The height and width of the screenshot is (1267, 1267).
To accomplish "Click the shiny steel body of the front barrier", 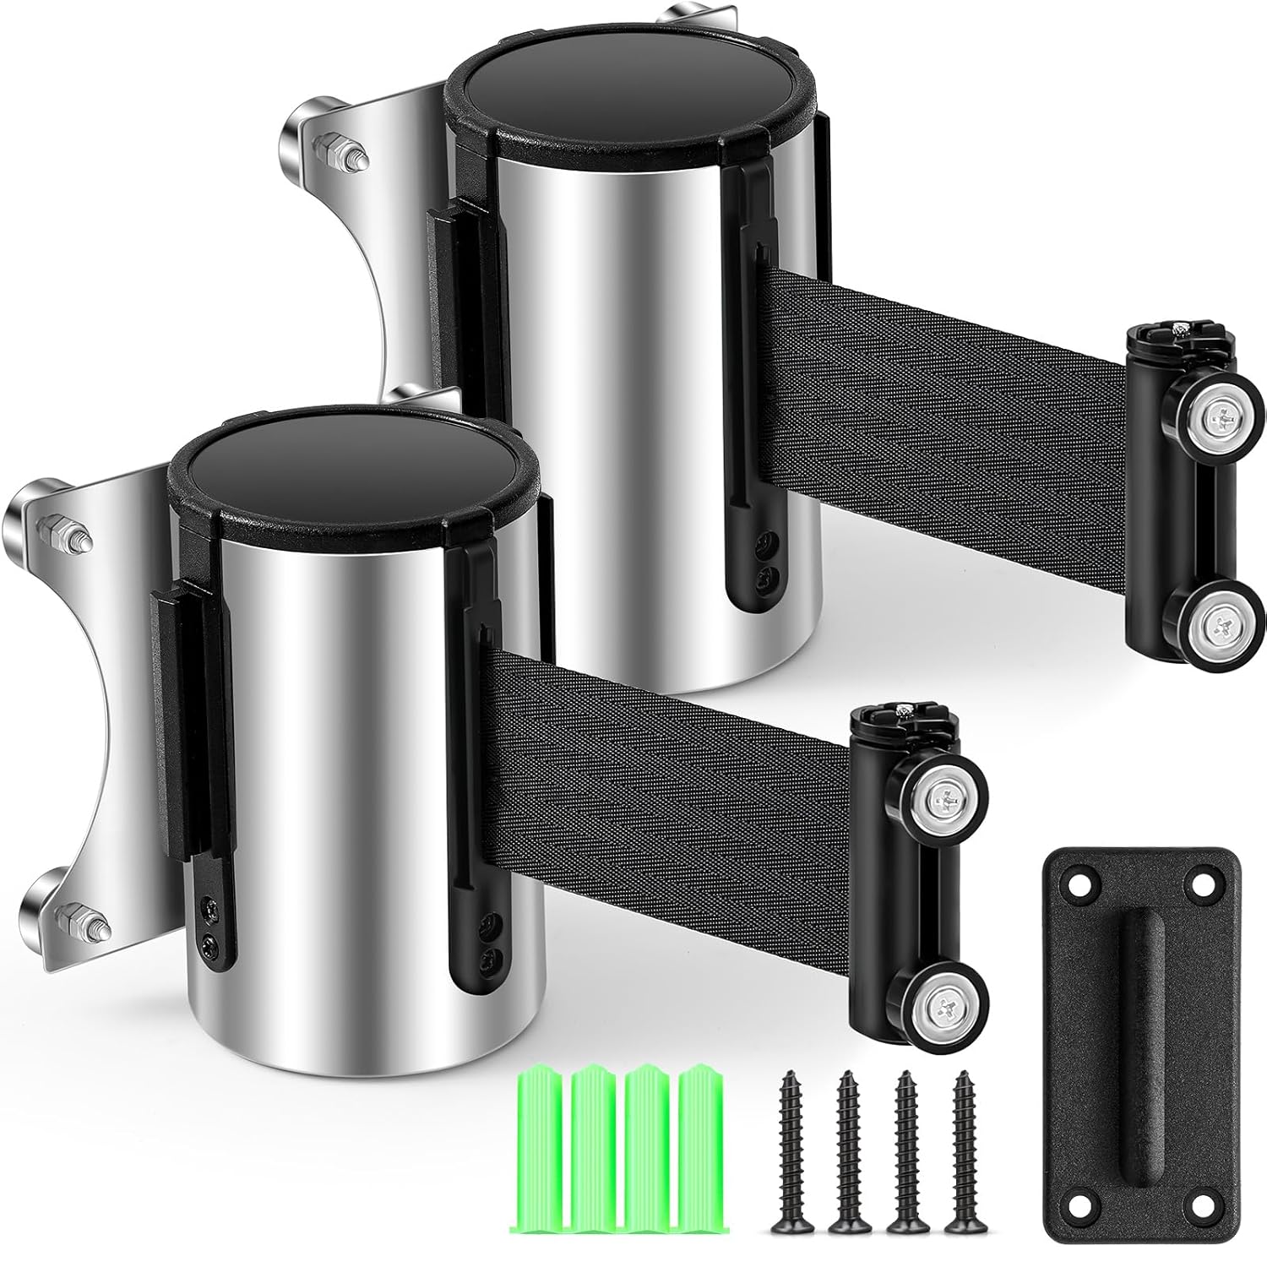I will [x=338, y=845].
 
